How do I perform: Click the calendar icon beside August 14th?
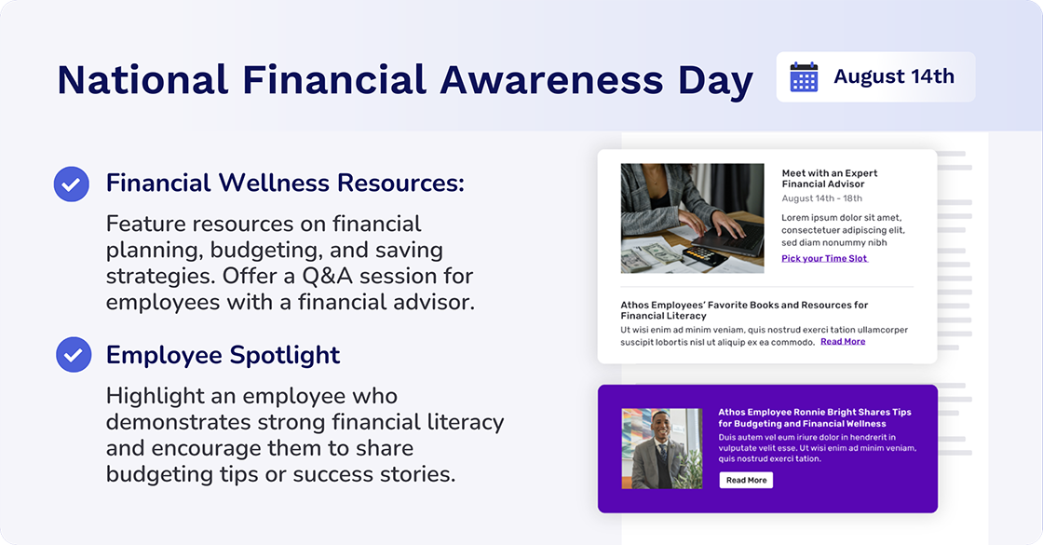(804, 76)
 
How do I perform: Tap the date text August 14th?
(894, 76)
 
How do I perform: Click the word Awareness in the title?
(552, 80)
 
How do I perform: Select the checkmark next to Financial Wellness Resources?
(72, 184)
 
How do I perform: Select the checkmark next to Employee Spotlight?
(74, 355)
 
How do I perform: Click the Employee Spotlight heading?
(223, 355)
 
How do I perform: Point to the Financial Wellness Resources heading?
(284, 183)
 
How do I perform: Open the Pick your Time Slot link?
(824, 258)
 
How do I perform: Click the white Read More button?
(746, 480)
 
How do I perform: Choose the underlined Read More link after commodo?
(843, 342)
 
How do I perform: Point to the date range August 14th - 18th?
(821, 198)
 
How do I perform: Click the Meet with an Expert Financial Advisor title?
(829, 179)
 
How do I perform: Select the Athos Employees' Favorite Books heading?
(744, 310)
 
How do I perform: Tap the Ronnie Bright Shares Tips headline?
(814, 417)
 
